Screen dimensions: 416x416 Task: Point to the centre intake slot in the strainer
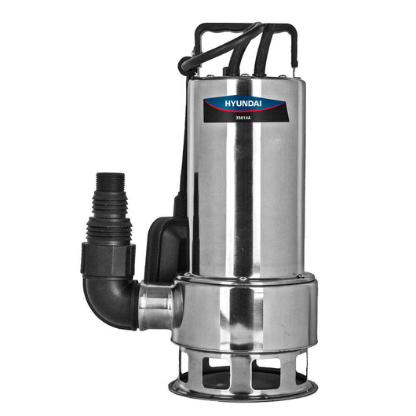(x=243, y=369)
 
